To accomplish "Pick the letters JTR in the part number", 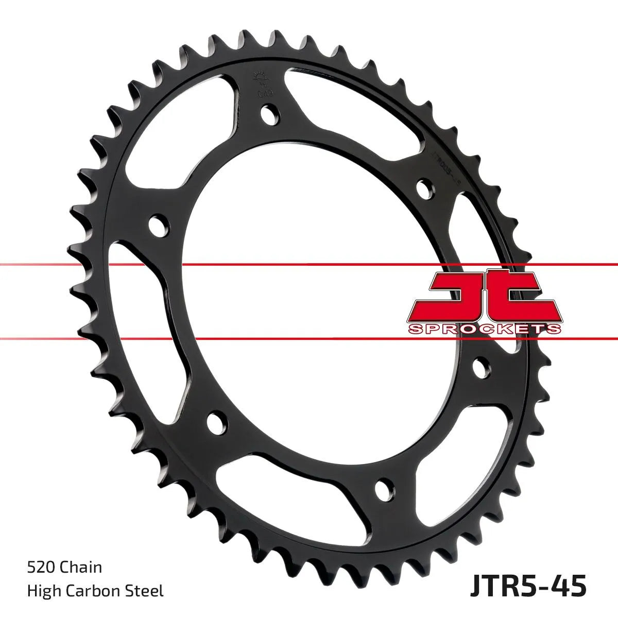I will coord(491,586).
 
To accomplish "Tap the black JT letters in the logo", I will coord(484,294).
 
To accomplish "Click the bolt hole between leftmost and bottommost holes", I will coord(217,423).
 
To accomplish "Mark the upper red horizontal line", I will coord(309,265).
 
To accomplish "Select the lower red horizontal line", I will coord(309,339).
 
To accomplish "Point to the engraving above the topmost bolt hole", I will coord(260,85).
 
